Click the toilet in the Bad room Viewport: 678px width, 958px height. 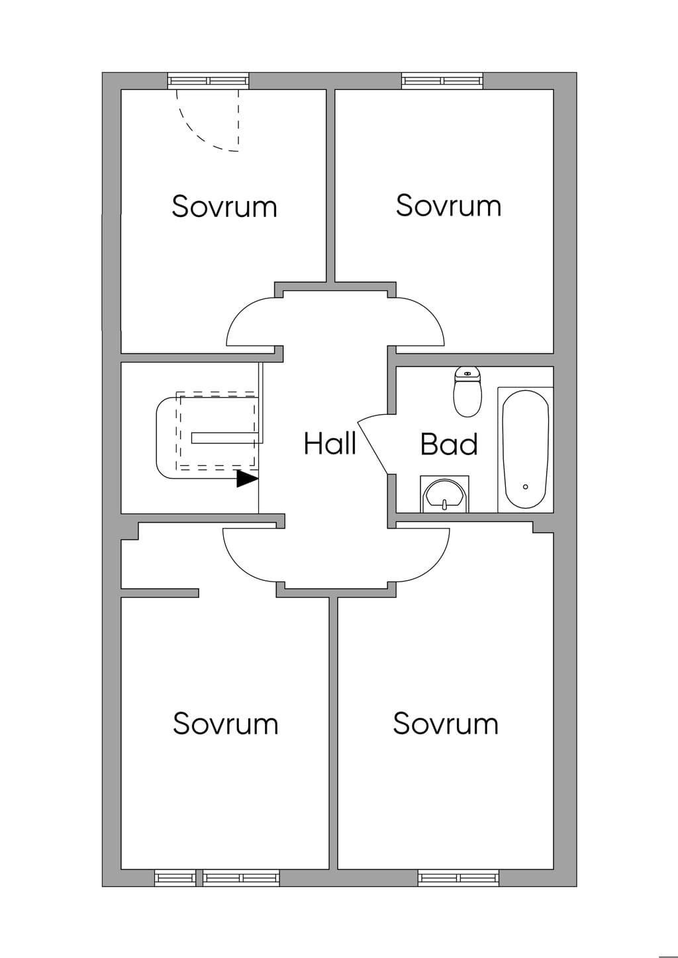click(468, 391)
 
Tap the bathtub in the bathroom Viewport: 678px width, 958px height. click(526, 449)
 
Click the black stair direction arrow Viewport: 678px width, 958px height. click(248, 478)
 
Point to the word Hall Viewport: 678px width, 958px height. click(330, 443)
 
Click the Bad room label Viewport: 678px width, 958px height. click(449, 445)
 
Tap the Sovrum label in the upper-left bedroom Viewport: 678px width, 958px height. click(224, 206)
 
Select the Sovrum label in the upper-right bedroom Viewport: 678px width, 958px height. click(448, 205)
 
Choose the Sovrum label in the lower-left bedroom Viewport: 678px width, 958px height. click(226, 723)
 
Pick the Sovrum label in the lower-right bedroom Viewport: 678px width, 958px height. click(446, 723)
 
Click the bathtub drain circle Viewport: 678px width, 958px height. click(526, 487)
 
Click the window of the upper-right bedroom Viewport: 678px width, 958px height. click(442, 81)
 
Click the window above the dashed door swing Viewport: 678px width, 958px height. click(208, 81)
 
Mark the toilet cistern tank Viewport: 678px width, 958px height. click(468, 373)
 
